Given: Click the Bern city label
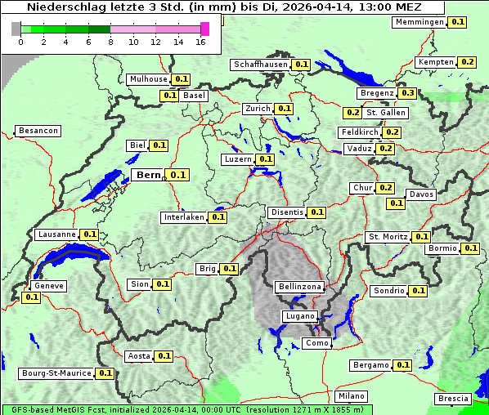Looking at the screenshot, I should pyautogui.click(x=148, y=175).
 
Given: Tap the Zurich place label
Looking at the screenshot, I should pyautogui.click(x=258, y=109).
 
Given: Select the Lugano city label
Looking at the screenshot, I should pyautogui.click(x=298, y=316).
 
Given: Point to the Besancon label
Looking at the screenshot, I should pyautogui.click(x=38, y=131).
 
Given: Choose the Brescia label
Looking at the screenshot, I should pyautogui.click(x=453, y=399).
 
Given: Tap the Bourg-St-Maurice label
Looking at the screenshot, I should pyautogui.click(x=56, y=373).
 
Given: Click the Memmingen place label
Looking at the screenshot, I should pyautogui.click(x=419, y=22).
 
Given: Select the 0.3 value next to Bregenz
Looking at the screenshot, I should pyautogui.click(x=408, y=93).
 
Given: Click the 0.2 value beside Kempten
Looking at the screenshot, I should pyautogui.click(x=467, y=62).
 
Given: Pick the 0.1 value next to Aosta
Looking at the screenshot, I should pyautogui.click(x=164, y=356).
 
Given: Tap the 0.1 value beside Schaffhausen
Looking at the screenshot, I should pyautogui.click(x=301, y=65).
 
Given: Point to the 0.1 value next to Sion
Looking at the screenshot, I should pyautogui.click(x=162, y=284).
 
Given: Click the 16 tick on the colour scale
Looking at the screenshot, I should pyautogui.click(x=200, y=42).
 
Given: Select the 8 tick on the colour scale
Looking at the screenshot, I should pyautogui.click(x=110, y=42).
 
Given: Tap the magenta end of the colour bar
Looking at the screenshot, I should pyautogui.click(x=204, y=29).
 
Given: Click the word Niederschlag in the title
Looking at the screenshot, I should pyautogui.click(x=61, y=7).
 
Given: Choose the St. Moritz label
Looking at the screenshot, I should pyautogui.click(x=388, y=237).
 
